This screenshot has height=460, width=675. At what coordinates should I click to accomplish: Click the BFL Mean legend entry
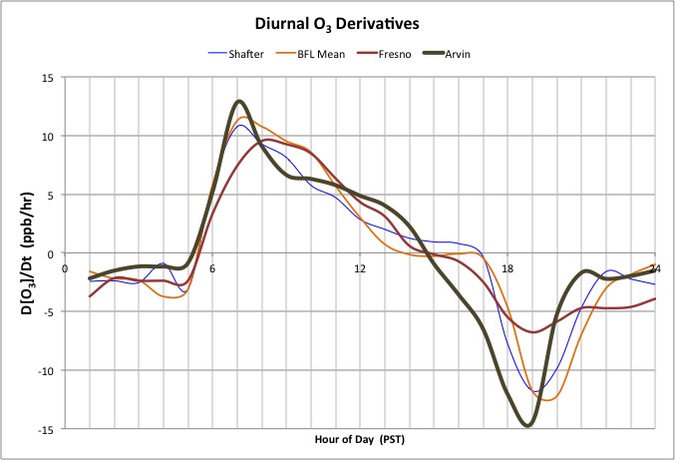click(320, 53)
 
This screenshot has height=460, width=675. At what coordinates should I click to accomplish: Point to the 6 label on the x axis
click(212, 269)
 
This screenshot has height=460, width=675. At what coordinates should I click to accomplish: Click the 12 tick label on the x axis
click(360, 269)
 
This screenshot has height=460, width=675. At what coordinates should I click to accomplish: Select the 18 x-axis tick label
click(507, 269)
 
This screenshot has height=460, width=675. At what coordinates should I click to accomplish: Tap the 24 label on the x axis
click(654, 269)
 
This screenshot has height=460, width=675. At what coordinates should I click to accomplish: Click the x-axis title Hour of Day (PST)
click(360, 440)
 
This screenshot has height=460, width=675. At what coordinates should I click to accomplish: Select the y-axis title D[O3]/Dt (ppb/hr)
click(21, 252)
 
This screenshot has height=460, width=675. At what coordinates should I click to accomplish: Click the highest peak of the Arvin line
click(239, 101)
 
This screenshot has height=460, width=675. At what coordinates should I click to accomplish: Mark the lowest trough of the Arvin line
click(527, 425)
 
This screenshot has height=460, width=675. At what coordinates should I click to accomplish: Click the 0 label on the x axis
click(66, 269)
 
